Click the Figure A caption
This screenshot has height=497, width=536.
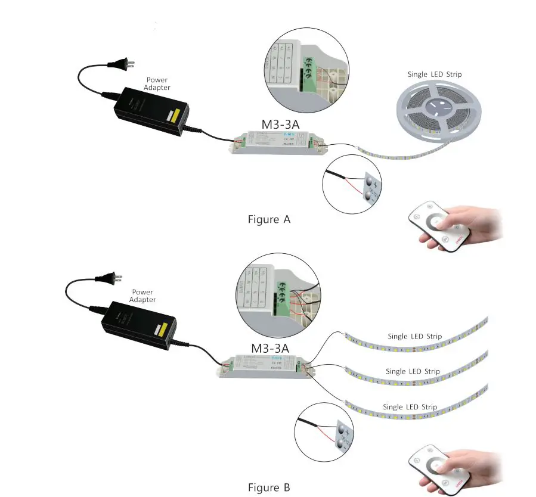coord(269,219)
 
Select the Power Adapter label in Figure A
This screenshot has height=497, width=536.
coord(157,83)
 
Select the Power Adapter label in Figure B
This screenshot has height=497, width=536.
coord(142,296)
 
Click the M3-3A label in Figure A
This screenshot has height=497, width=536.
coord(280,125)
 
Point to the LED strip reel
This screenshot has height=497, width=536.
coord(438,110)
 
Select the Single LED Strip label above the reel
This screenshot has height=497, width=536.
coord(434,74)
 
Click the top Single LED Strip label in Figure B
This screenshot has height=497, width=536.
coord(414,336)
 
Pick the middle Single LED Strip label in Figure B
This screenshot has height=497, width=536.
coord(413,371)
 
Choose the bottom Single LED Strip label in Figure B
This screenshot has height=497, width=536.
coord(410,407)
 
